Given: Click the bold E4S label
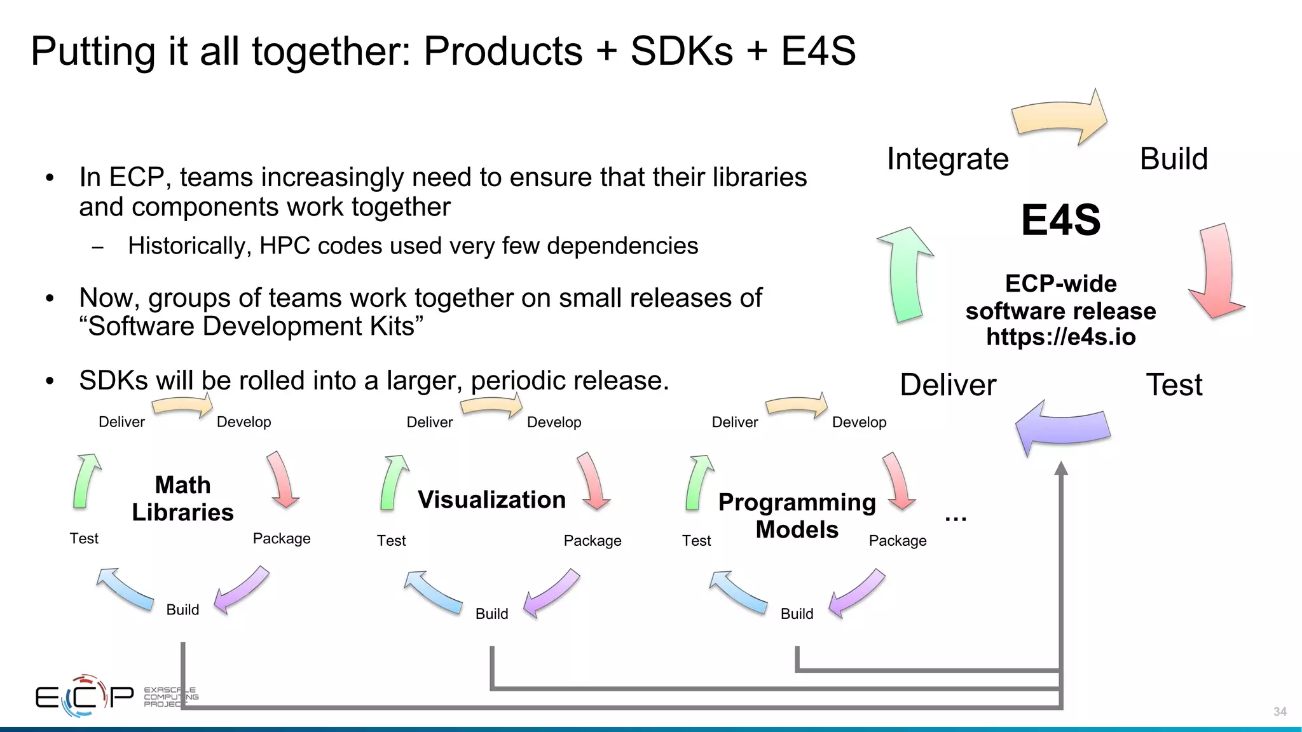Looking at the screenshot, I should [x=1060, y=220].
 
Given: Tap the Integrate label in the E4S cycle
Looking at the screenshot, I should [x=947, y=159].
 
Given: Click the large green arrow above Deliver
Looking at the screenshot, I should [x=906, y=273].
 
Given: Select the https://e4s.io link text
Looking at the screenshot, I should [x=1060, y=337].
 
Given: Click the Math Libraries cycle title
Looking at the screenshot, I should [x=182, y=499].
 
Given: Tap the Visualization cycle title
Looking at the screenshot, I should [x=491, y=499].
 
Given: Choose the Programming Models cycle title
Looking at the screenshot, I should [x=797, y=515].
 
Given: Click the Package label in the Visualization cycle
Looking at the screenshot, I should [x=592, y=541].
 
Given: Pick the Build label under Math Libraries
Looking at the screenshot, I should [x=182, y=610].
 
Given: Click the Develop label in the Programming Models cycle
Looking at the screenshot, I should [x=859, y=423].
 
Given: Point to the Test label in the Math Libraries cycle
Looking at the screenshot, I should [x=84, y=539].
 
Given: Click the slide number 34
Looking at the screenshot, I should [x=1280, y=712].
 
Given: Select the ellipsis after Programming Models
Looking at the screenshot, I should [x=956, y=518].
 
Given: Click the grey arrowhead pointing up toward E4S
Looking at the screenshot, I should [x=1060, y=469].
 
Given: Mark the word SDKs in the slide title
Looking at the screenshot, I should [x=682, y=51].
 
